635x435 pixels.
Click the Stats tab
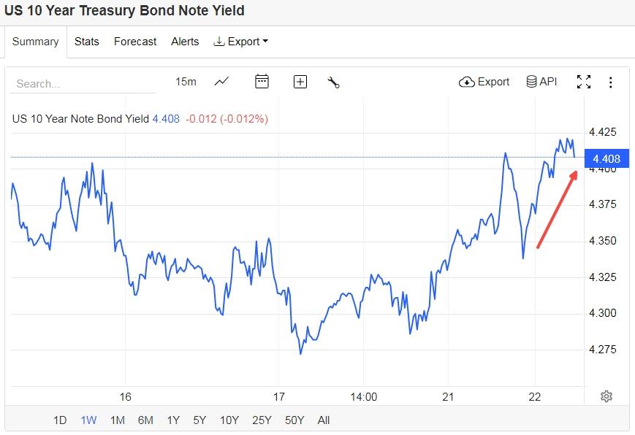(x=86, y=42)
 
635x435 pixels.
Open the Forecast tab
(x=135, y=42)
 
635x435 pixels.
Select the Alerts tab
(x=185, y=42)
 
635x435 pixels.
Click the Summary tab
(x=35, y=42)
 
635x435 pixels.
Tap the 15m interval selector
(x=186, y=82)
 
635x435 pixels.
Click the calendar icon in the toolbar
(x=262, y=82)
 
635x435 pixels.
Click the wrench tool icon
(x=334, y=82)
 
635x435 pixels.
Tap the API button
(x=541, y=82)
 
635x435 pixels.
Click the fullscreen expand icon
(x=583, y=82)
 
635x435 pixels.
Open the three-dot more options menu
(x=610, y=82)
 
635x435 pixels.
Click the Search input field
(x=82, y=83)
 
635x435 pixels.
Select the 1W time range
(x=88, y=420)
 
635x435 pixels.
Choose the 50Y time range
(x=294, y=420)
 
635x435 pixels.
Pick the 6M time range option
(x=145, y=420)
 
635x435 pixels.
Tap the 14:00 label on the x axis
(x=363, y=396)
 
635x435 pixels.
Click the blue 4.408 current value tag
(x=606, y=159)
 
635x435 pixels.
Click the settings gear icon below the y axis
(x=606, y=396)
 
